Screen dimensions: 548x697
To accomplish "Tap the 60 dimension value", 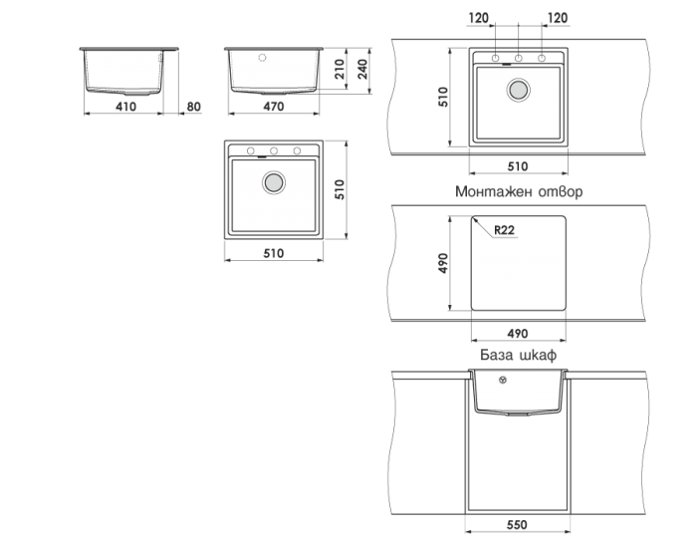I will [x=195, y=105].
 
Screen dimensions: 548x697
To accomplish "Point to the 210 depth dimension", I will [x=340, y=68].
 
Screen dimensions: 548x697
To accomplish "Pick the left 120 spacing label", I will [x=479, y=18].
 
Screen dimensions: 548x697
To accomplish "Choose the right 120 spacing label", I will [x=557, y=18].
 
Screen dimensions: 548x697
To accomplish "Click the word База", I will [x=496, y=354].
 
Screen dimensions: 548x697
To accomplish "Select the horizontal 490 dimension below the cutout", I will [x=518, y=333].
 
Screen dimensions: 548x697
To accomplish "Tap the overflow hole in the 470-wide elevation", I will [x=262, y=57].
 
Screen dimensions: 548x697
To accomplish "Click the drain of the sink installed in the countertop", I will [x=518, y=90].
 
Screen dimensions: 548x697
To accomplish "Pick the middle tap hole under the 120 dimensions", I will [x=518, y=57].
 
